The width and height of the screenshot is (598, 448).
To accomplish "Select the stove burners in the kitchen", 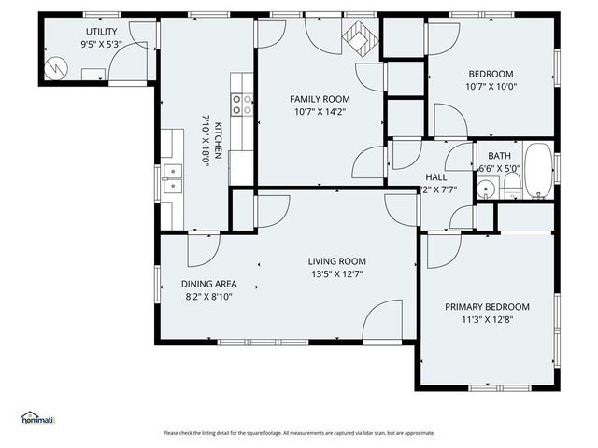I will [x=243, y=105].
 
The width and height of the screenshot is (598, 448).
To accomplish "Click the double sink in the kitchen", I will [x=171, y=177].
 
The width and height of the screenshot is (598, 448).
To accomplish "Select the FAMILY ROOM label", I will [x=320, y=99].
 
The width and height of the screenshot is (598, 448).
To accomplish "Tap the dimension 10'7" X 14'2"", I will [x=320, y=112].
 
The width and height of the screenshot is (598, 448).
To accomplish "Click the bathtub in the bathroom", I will [x=538, y=172].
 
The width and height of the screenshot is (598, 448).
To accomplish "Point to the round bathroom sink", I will [x=485, y=189].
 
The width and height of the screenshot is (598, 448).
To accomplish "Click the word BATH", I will [x=499, y=156].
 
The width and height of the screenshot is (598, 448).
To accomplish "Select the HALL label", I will [x=436, y=176].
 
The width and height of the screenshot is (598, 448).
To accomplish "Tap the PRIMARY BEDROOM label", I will [x=487, y=307].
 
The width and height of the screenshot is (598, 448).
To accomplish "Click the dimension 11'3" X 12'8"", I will [x=487, y=320].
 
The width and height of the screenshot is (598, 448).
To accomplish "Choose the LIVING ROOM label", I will [x=337, y=261].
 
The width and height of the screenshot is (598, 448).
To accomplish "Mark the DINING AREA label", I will [x=208, y=284].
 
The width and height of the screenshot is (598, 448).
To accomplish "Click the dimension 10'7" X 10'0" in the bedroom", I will [x=491, y=87].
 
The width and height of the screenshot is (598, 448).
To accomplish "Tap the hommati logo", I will [x=37, y=417].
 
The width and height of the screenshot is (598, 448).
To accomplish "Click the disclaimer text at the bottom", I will [x=299, y=432].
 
